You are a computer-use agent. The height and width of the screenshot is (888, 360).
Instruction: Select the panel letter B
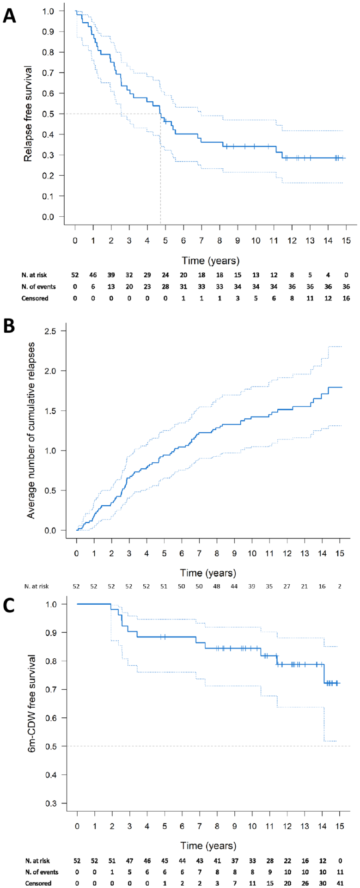(x=9, y=326)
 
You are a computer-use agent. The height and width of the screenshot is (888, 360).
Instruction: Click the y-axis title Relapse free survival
(x=29, y=113)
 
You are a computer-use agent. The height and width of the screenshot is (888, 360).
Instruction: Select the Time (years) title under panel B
(x=208, y=573)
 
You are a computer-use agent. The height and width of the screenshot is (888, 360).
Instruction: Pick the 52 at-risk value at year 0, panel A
(x=75, y=275)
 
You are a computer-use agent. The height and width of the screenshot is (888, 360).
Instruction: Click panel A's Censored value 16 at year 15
(x=346, y=298)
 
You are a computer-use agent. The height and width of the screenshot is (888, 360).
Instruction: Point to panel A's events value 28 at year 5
(x=165, y=287)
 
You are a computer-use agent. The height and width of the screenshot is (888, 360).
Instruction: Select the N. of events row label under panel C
(x=42, y=872)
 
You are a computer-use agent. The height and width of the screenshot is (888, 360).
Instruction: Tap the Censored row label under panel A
(x=35, y=298)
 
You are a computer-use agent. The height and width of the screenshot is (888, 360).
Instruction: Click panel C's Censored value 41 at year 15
(x=340, y=883)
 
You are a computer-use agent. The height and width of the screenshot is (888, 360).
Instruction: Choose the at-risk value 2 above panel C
(x=340, y=586)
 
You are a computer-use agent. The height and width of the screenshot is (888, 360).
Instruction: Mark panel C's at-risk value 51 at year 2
(x=112, y=861)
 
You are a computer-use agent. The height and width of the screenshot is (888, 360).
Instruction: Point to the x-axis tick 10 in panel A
(x=256, y=240)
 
